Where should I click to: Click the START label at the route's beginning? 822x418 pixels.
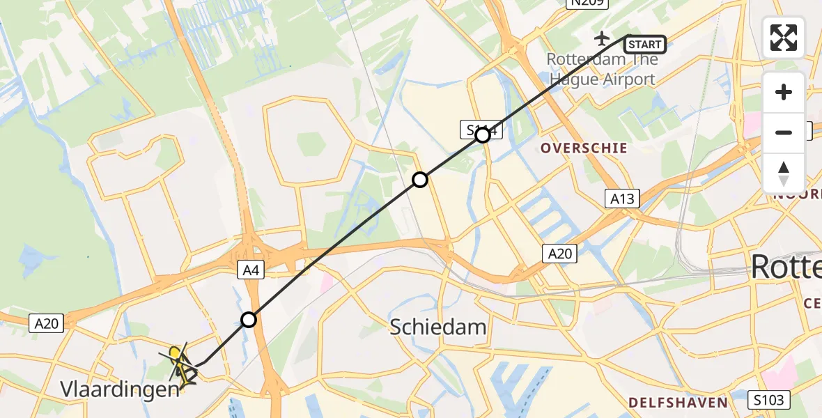point(644,45)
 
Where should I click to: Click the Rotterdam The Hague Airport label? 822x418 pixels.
point(602,69)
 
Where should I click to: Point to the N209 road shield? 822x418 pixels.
point(587,3)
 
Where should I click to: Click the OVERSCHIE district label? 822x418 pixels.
point(584,148)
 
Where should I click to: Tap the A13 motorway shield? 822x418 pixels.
point(621,199)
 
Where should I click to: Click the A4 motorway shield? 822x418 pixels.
point(251,270)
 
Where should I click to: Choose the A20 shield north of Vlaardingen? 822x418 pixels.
point(47,323)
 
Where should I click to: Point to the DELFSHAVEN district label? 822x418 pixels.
point(678,402)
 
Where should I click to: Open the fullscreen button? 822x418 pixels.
point(784,37)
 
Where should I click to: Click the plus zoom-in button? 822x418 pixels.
point(784,92)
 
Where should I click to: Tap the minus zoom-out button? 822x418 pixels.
point(784,132)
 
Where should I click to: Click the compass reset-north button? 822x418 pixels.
point(784,173)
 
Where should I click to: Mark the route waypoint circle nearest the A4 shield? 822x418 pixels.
point(249,320)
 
